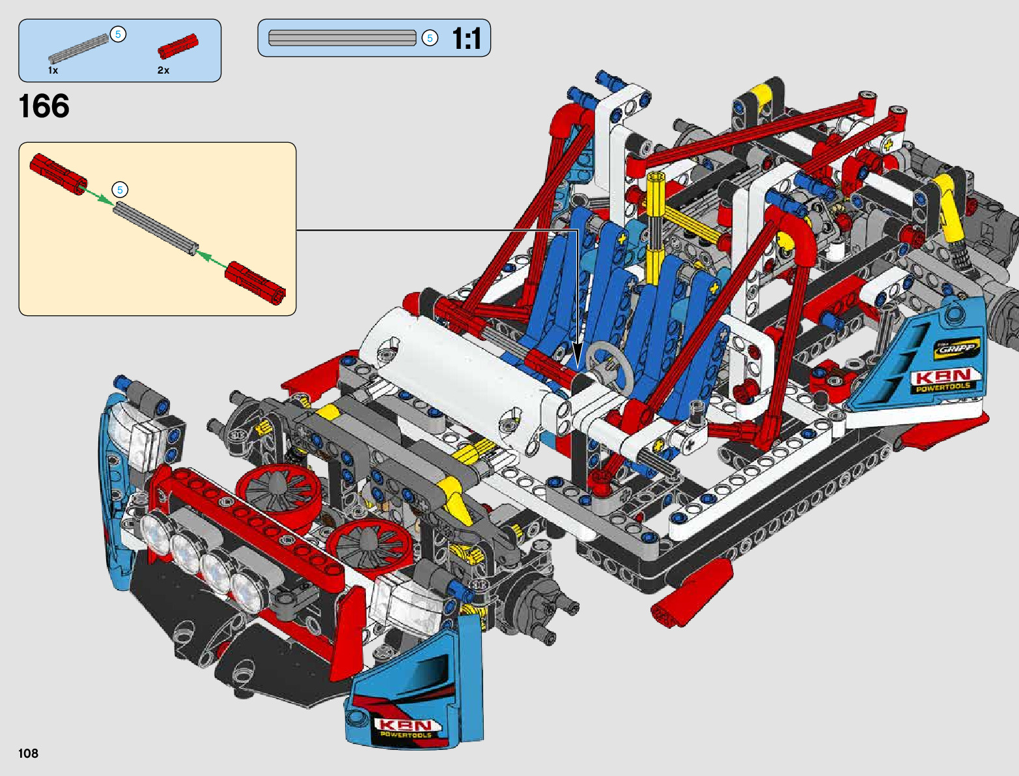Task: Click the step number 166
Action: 44,106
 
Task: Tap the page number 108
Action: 28,753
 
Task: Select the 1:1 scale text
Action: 466,38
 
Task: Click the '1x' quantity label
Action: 53,70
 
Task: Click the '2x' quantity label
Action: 163,70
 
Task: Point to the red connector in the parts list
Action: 178,46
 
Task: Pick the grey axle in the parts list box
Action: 78,49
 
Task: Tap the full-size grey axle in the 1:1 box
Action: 342,38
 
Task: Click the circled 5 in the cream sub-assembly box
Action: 120,190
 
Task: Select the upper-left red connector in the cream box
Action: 59,174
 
